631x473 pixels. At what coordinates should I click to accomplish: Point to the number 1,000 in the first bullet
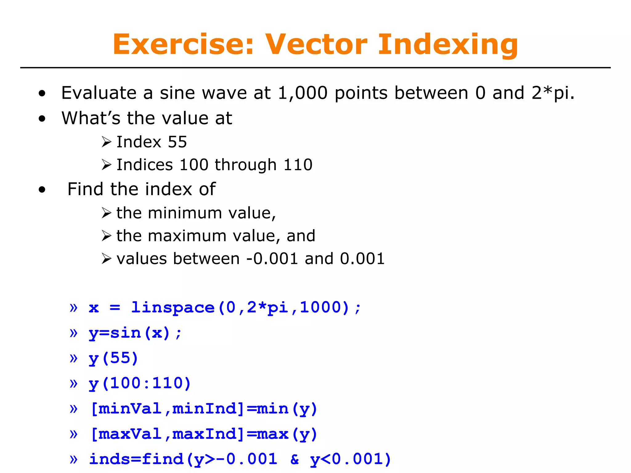click(302, 93)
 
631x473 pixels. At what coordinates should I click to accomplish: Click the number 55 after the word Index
click(177, 142)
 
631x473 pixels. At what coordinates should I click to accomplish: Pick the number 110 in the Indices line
click(298, 165)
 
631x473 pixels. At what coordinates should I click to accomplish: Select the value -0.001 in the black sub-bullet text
click(272, 259)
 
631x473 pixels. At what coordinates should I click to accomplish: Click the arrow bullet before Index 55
click(106, 142)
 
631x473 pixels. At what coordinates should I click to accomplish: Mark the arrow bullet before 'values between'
click(106, 259)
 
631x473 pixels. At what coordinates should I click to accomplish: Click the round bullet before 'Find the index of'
click(42, 190)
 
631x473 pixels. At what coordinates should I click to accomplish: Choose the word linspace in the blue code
click(173, 307)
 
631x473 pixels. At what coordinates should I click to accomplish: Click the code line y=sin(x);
click(135, 333)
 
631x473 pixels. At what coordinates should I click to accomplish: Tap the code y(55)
click(113, 358)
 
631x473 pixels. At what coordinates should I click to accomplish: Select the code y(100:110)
click(140, 384)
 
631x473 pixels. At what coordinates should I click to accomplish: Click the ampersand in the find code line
click(295, 459)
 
